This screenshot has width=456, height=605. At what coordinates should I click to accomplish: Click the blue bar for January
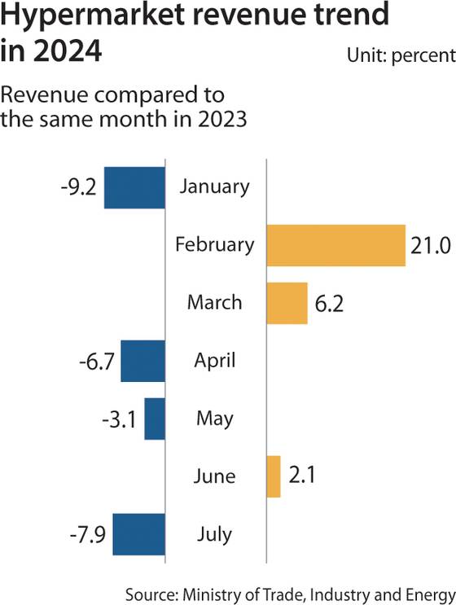coord(134,186)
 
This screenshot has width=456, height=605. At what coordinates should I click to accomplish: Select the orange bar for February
coord(335,244)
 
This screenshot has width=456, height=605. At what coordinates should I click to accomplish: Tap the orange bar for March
coord(287,303)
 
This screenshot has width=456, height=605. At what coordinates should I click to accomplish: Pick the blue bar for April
coord(142,361)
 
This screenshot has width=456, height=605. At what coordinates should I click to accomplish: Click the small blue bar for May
coord(155,419)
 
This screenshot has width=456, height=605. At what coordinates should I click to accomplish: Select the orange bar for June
coord(274,476)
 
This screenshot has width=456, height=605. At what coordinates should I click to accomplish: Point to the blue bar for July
coord(138,535)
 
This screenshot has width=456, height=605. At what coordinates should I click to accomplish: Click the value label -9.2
coord(78,186)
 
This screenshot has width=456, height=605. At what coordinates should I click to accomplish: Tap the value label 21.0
coord(430,244)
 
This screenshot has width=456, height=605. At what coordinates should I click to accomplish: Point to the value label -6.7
coord(94,361)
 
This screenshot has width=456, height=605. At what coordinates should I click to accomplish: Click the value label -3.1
coord(119,419)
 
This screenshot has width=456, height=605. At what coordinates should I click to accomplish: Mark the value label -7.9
coord(86,535)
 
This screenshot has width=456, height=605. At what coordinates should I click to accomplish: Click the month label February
coord(215,244)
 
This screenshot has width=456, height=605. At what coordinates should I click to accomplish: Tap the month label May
coord(215,419)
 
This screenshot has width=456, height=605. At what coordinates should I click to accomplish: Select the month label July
coord(215,535)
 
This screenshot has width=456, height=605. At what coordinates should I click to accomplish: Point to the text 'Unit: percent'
coord(400,55)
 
